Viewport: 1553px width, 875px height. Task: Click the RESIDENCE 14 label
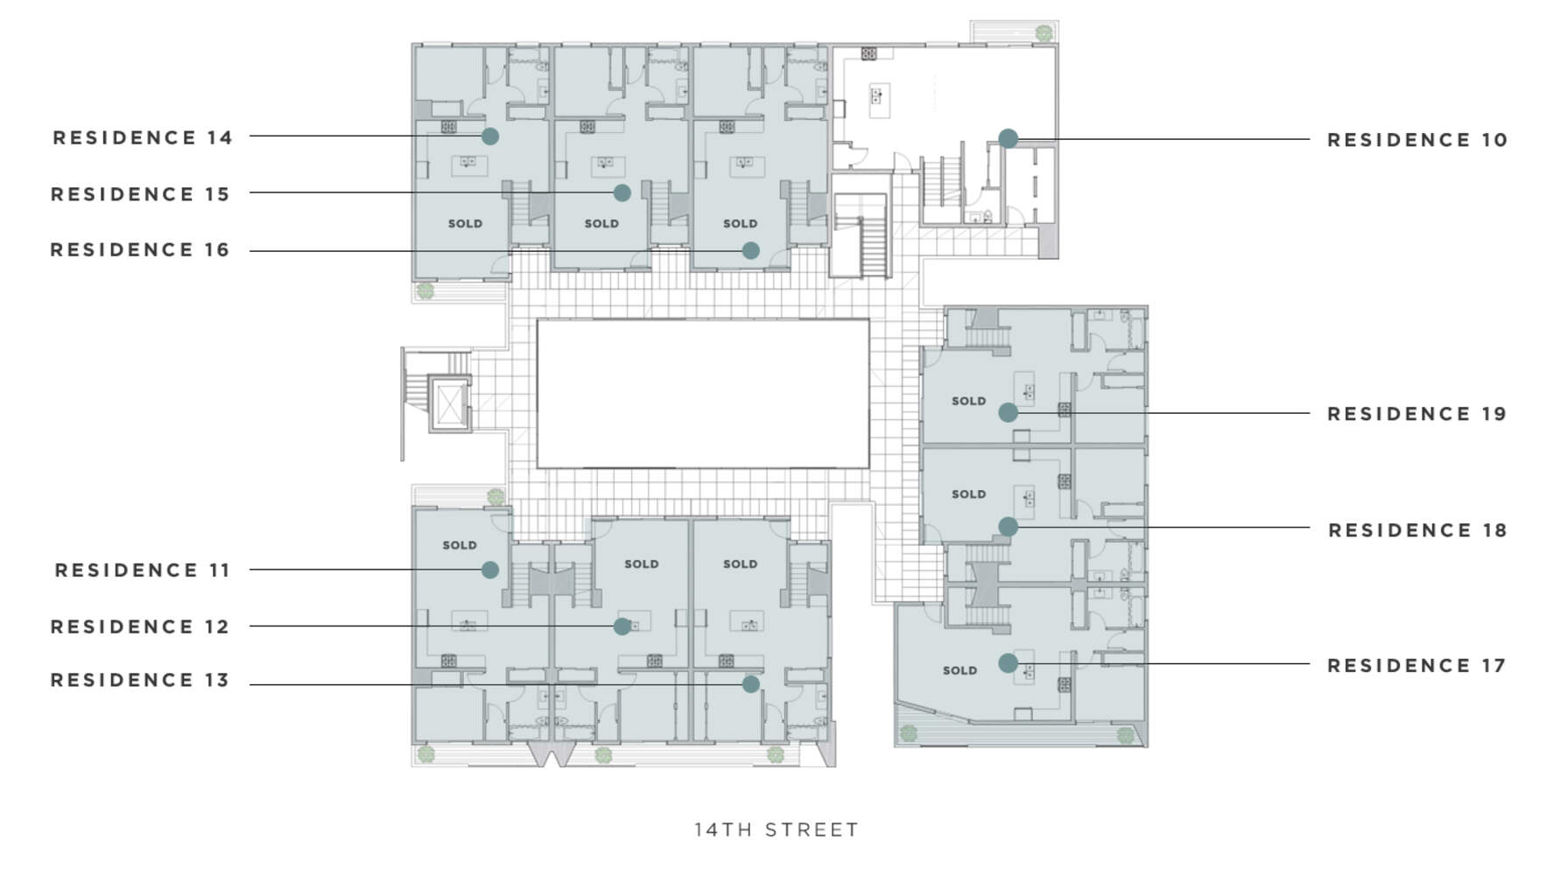143,137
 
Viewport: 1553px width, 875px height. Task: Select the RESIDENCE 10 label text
1417,140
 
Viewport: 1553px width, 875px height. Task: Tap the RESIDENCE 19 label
1417,414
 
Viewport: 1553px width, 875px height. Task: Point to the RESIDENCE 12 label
140,626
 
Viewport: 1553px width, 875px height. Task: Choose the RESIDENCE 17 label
1417,666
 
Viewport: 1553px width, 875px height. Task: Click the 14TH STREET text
776,829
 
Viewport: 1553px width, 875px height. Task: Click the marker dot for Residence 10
1008,138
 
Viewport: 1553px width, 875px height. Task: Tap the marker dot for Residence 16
750,250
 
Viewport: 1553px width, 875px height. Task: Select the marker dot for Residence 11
490,570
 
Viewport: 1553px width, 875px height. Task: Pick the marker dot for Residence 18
1008,527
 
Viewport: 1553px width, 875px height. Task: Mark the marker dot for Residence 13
750,684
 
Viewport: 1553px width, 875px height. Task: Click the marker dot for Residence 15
622,192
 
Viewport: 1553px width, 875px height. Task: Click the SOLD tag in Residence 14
465,224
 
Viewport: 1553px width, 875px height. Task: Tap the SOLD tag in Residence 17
959,671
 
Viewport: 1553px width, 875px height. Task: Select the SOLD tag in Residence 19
968,402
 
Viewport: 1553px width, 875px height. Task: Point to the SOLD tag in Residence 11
460,545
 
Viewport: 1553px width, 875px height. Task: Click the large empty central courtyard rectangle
703,394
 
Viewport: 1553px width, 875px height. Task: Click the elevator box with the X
450,404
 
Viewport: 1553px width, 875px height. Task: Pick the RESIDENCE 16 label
140,250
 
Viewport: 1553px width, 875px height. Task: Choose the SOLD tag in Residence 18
968,494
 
